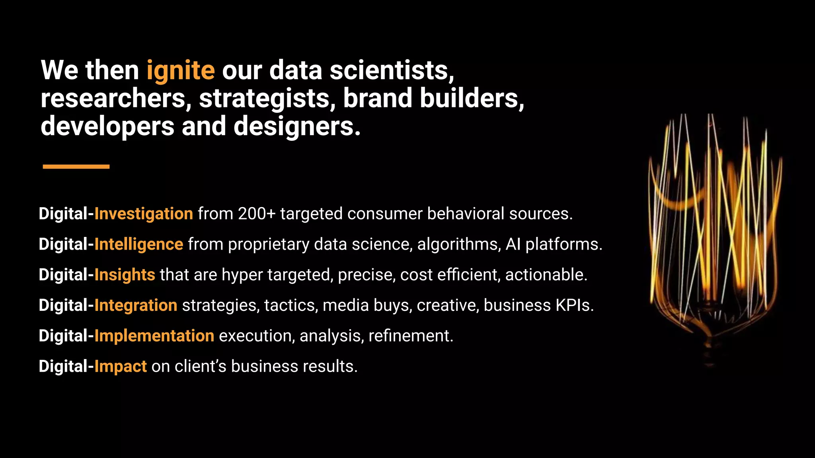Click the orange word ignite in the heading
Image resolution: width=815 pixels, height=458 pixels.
[x=180, y=71]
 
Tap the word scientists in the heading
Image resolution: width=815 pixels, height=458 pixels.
[x=392, y=71]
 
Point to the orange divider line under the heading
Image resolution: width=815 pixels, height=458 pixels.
[x=76, y=167]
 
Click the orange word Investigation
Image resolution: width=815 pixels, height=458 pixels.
[x=144, y=214]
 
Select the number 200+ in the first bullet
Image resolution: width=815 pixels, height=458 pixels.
[x=256, y=214]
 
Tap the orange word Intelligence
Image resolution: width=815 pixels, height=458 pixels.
[x=139, y=245]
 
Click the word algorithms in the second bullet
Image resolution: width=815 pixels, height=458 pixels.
[x=459, y=245]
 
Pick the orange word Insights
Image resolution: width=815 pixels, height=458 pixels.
[x=125, y=275]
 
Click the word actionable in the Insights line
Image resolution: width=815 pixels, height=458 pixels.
[x=546, y=275]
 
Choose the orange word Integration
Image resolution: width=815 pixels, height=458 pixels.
[x=136, y=306]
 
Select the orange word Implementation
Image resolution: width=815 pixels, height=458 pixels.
[x=154, y=336]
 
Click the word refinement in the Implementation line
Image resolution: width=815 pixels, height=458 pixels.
[x=411, y=336]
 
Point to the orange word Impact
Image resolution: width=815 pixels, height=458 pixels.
[x=121, y=367]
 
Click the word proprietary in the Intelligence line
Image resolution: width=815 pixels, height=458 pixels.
[x=269, y=245]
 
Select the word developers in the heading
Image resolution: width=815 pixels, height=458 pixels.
[x=107, y=126]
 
